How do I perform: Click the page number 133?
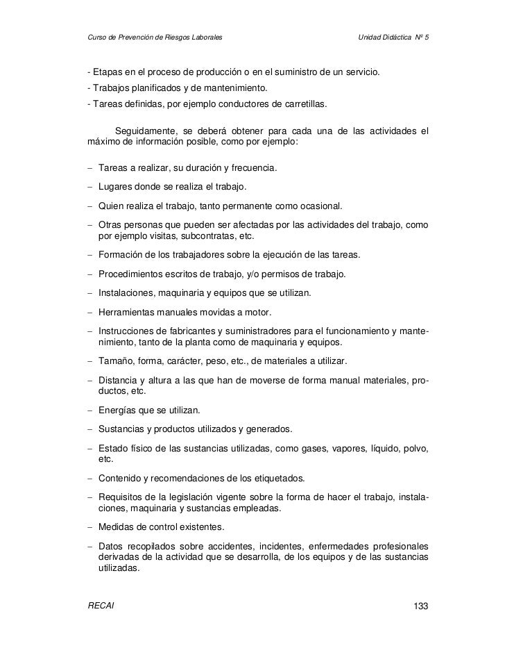click(421, 606)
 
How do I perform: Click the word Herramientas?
click(127, 313)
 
